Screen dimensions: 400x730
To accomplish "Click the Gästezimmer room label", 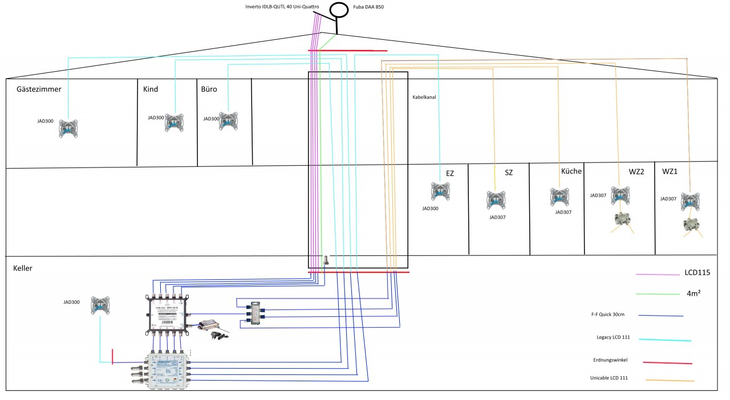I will [x=39, y=89].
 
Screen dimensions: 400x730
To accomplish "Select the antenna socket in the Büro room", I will [x=228, y=121].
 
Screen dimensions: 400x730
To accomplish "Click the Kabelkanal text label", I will [x=424, y=97].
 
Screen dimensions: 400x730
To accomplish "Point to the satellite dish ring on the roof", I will [x=339, y=10].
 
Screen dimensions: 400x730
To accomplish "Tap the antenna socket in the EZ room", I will [x=440, y=191].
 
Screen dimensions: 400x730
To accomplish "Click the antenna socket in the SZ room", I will [x=495, y=201].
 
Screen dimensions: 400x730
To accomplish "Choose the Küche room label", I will [x=571, y=172].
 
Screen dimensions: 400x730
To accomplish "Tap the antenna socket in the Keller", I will [x=100, y=306].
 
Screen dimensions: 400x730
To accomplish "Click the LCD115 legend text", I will [x=697, y=273].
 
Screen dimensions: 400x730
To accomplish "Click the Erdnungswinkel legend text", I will [x=609, y=361].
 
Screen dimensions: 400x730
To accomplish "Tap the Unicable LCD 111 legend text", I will [x=609, y=378].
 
